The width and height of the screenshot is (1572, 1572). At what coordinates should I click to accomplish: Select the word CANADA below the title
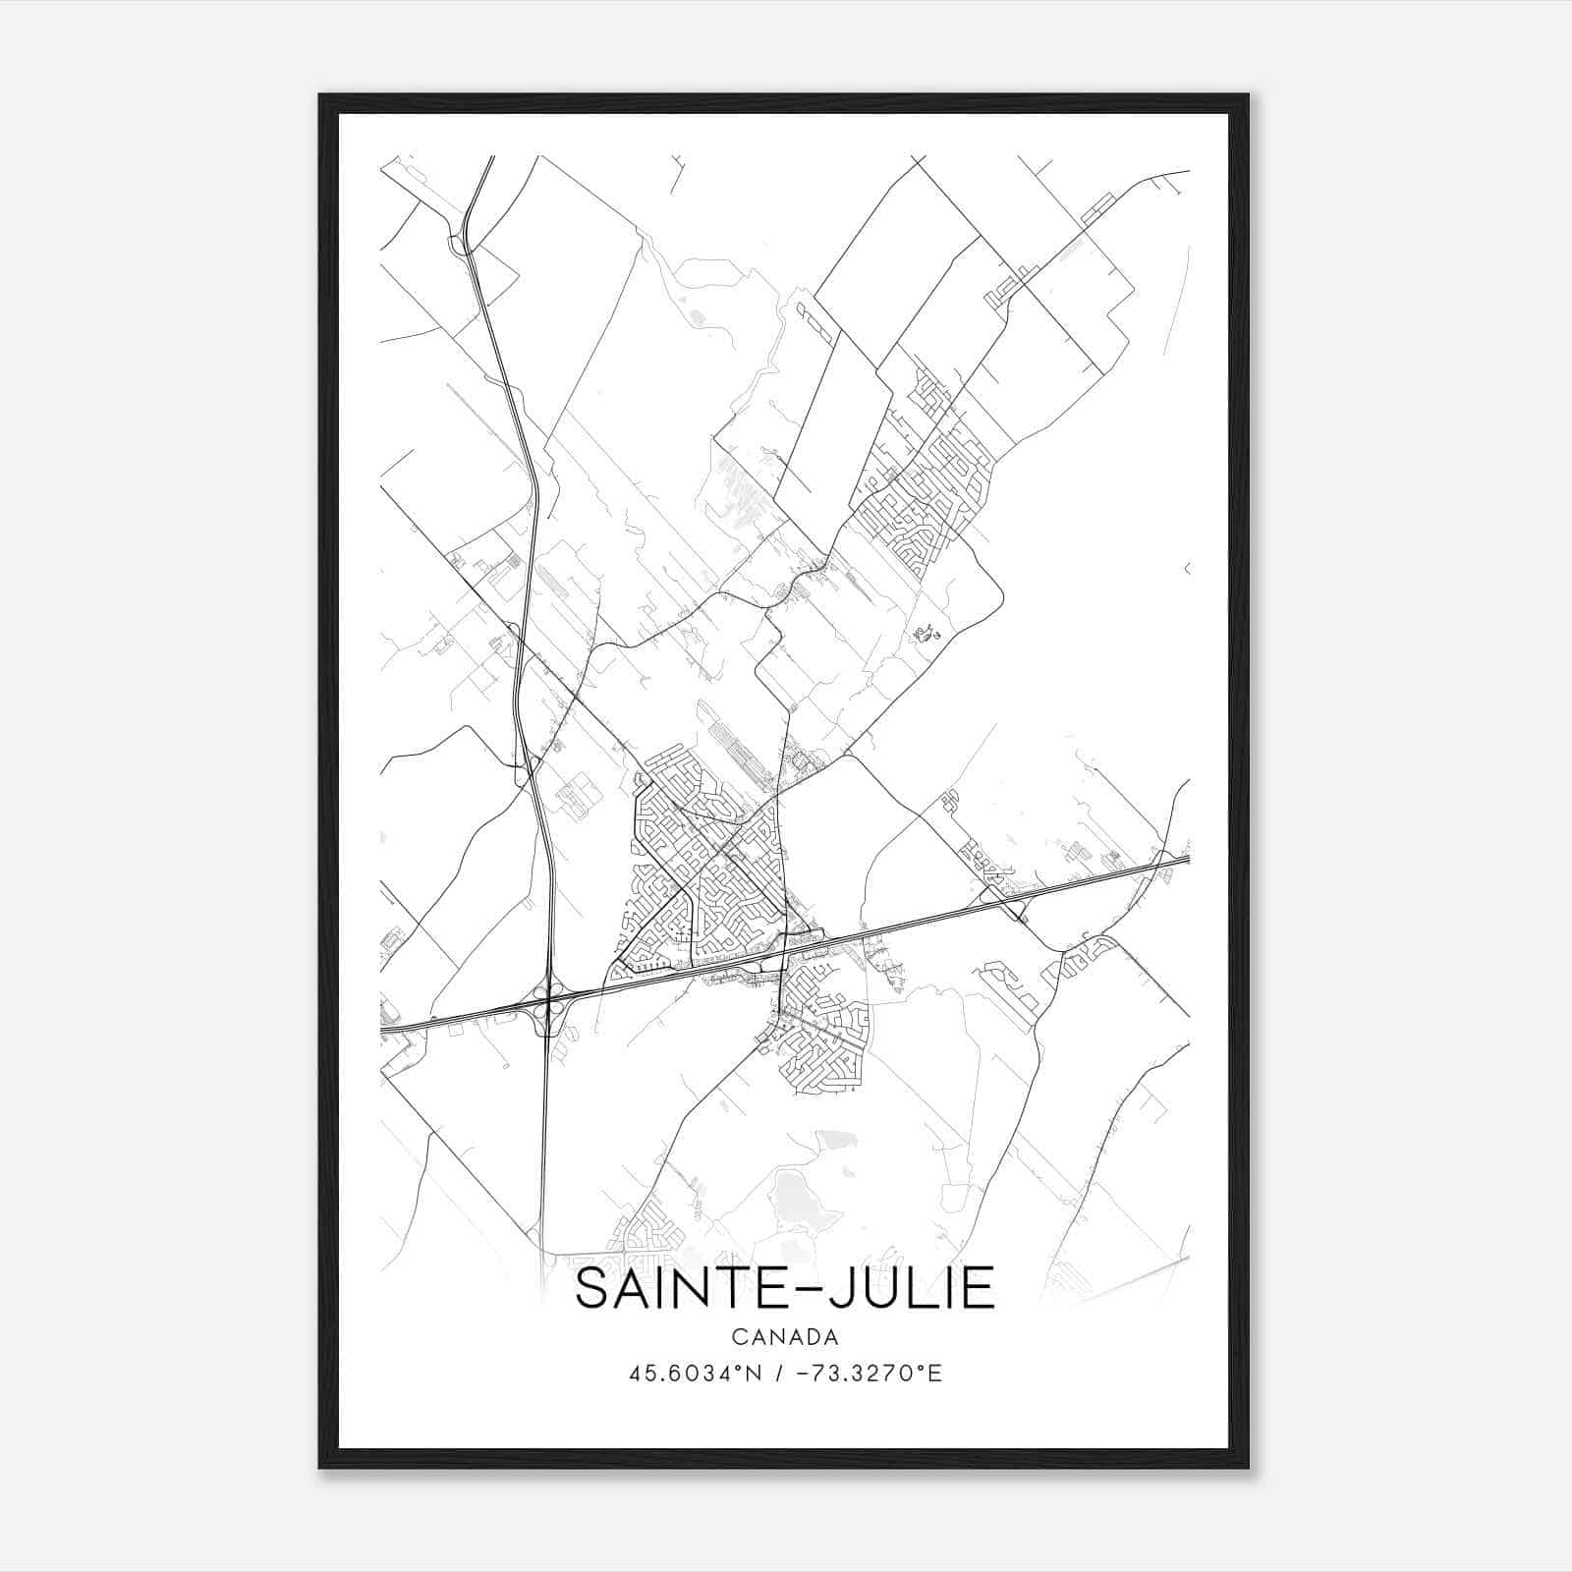(785, 1337)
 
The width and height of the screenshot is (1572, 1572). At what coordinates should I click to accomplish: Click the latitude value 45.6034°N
(697, 1374)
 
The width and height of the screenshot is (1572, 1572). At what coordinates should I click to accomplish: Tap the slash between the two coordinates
(778, 1374)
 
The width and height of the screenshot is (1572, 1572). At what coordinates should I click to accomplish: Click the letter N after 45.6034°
(755, 1374)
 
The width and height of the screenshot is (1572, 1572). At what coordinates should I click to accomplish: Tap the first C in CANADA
(738, 1337)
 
